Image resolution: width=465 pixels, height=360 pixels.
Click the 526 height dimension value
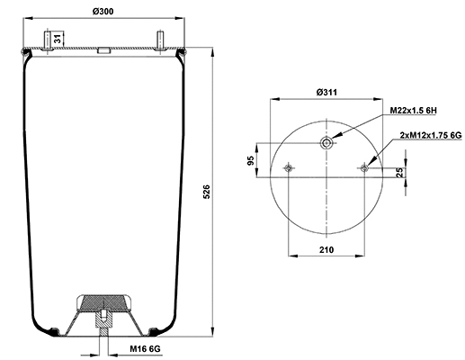(207, 192)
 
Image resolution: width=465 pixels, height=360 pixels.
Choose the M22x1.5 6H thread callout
(413, 110)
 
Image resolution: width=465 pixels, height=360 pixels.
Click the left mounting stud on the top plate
(46, 40)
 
